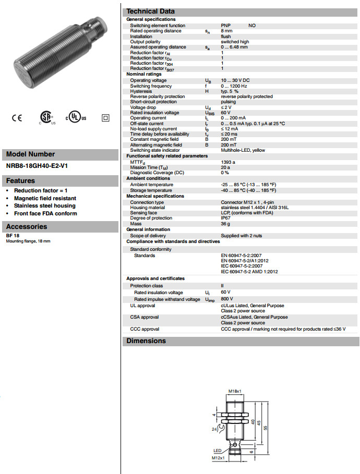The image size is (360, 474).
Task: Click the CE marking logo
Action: [x=17, y=118]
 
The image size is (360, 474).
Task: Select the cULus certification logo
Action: [x=75, y=118]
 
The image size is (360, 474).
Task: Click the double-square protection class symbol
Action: [x=106, y=118]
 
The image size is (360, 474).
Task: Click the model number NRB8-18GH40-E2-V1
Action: [x=37, y=166]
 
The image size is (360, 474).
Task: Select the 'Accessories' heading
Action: [x=27, y=227]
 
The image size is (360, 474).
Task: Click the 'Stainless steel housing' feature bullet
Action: [x=45, y=206]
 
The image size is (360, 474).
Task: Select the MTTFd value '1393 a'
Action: [x=228, y=162]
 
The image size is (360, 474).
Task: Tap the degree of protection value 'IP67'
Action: [x=226, y=218]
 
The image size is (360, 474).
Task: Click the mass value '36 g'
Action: [x=225, y=223]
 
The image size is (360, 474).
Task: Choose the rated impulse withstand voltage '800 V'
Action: [x=227, y=299]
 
